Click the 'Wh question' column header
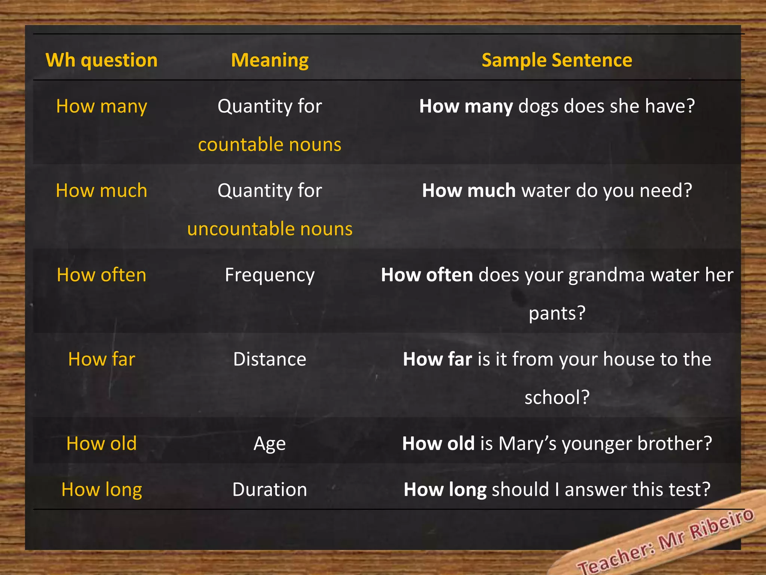(x=101, y=60)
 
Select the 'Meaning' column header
(x=270, y=60)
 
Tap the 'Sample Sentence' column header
(x=557, y=60)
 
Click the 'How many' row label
(x=101, y=106)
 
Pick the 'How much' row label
(x=101, y=191)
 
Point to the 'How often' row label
(x=101, y=275)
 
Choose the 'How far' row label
(x=101, y=359)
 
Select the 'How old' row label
(x=101, y=444)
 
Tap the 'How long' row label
(x=101, y=490)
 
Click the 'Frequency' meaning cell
(x=270, y=275)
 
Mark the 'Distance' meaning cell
(x=270, y=359)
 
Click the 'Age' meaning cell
(x=270, y=444)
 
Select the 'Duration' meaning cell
(x=270, y=490)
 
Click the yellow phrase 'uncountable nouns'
(x=270, y=229)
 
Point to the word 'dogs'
(x=538, y=107)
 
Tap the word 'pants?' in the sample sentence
(x=557, y=313)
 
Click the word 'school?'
(x=557, y=398)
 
